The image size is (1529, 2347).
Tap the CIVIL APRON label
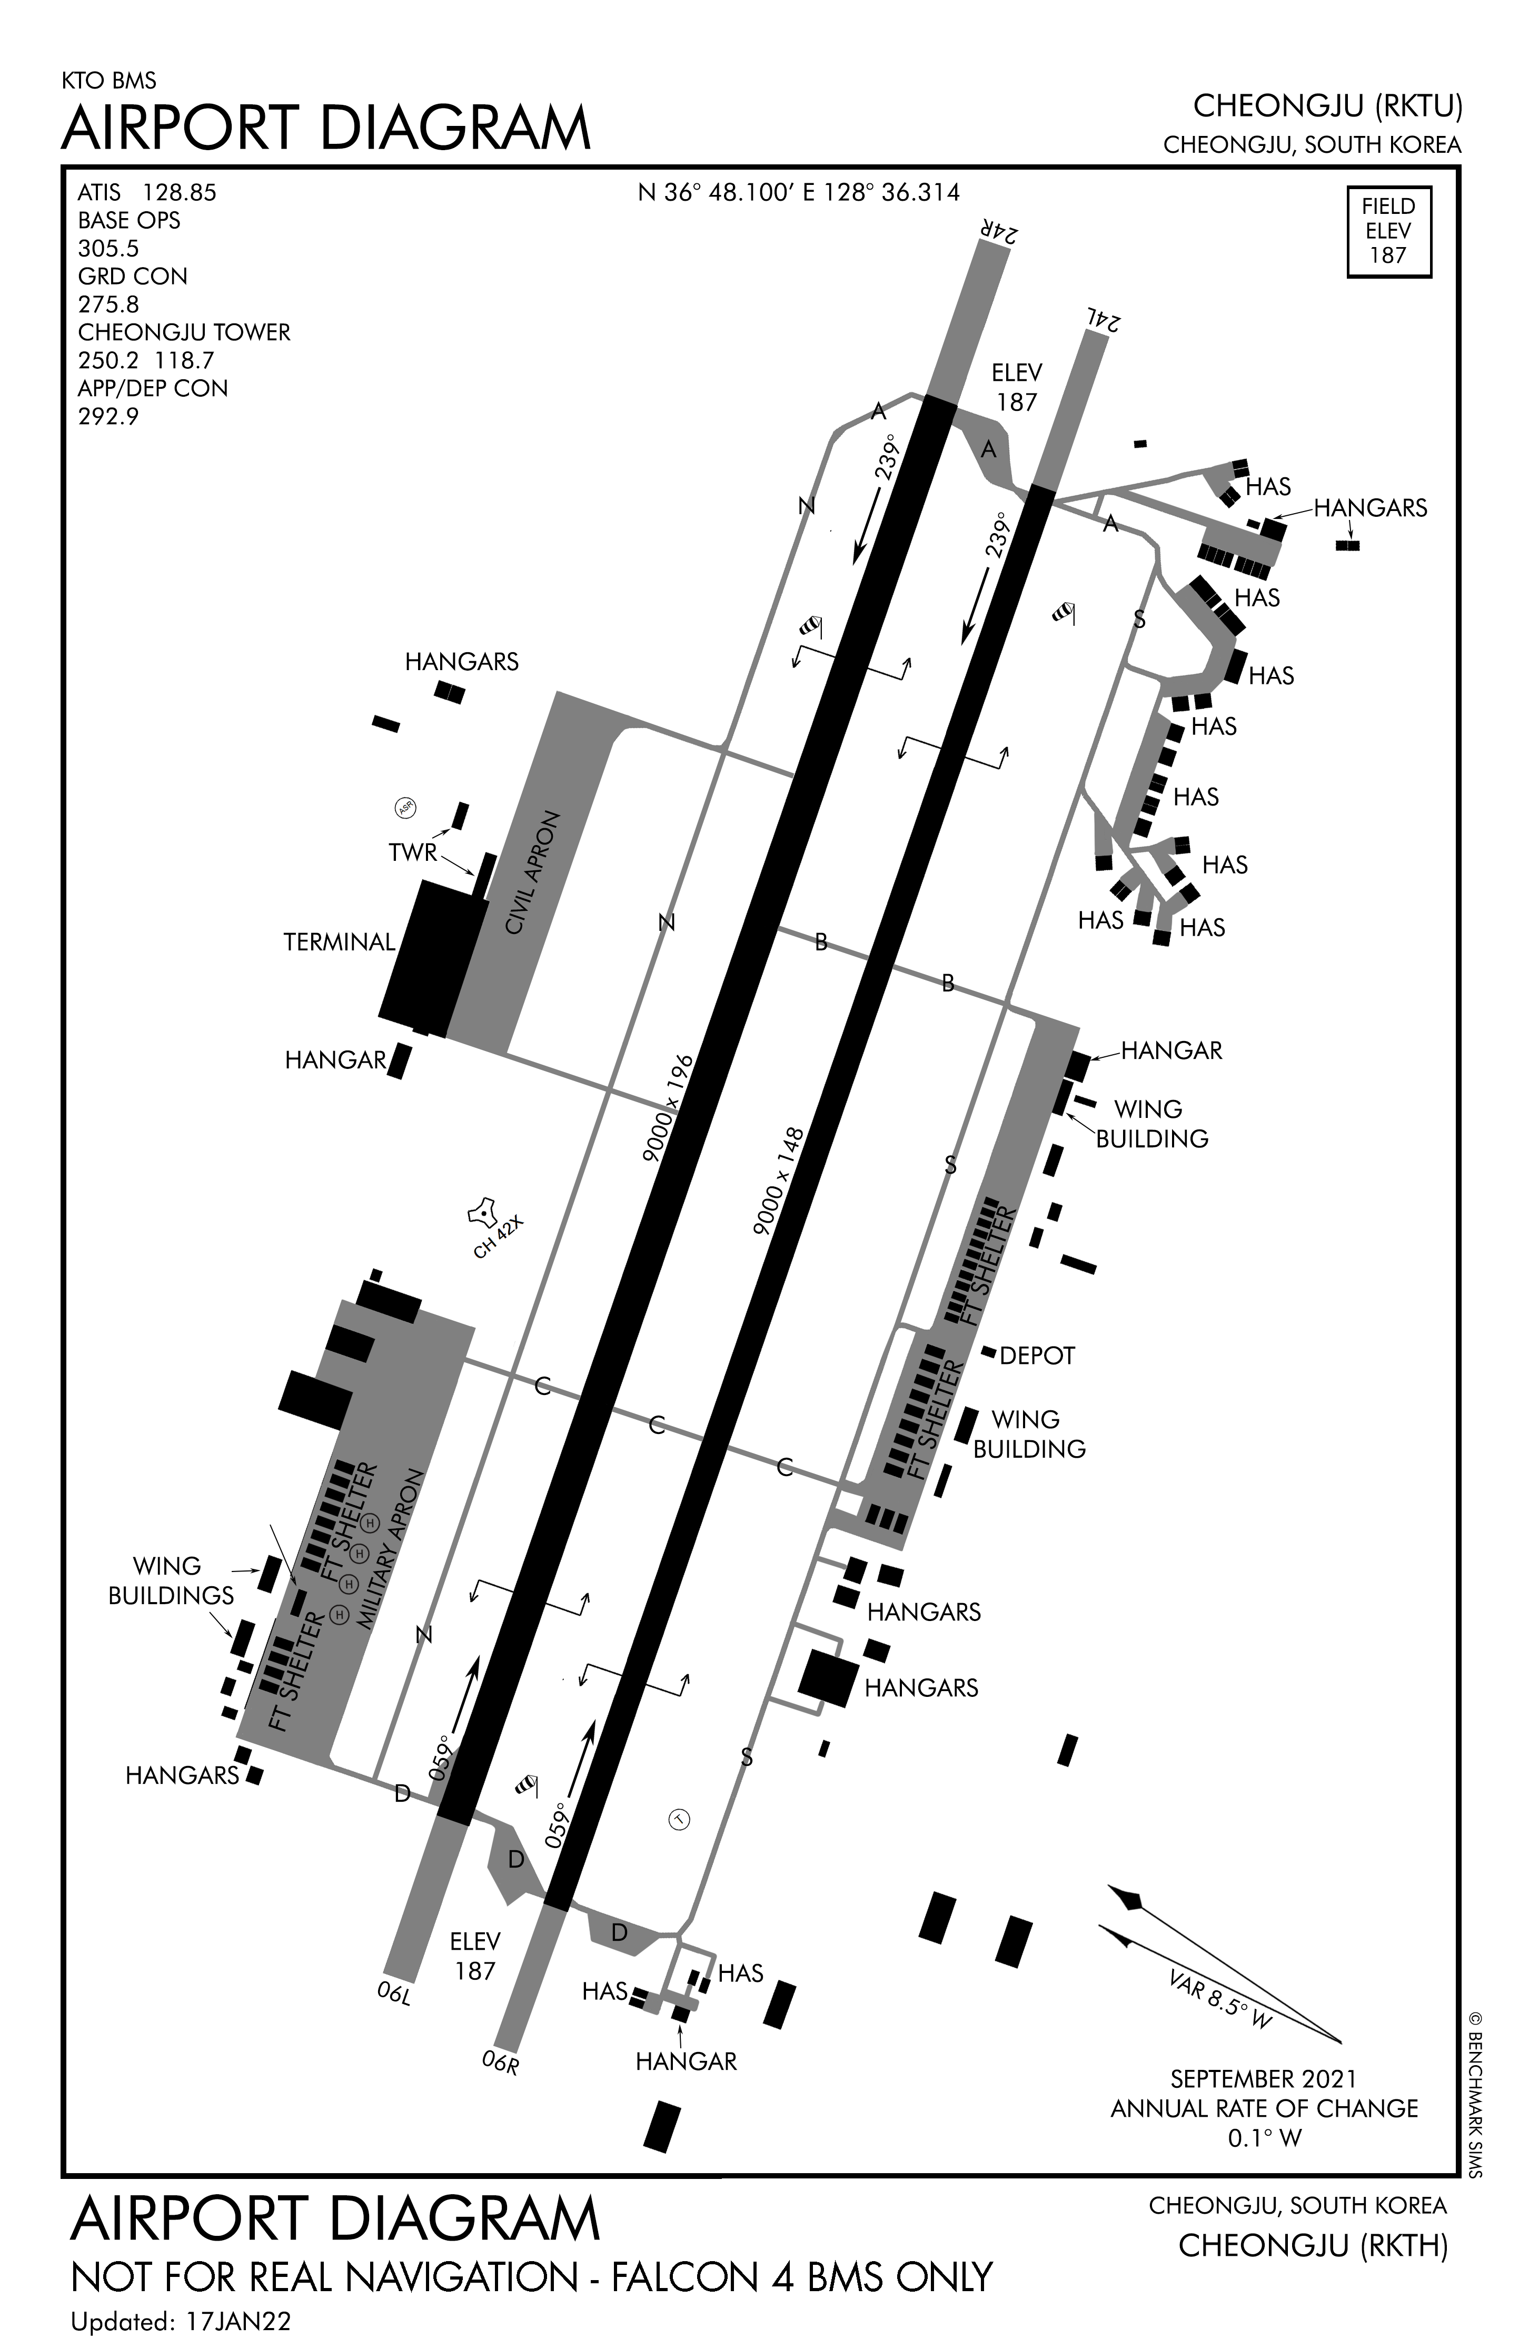(x=532, y=873)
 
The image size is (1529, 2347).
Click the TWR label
(x=412, y=852)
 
